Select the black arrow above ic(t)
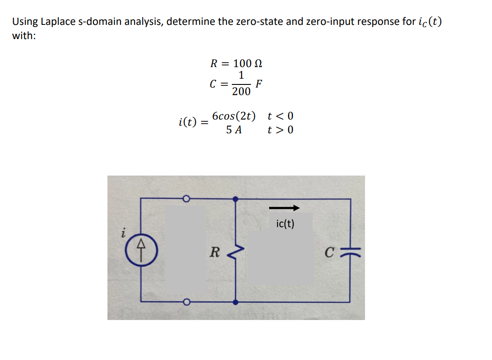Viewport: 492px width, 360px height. (284, 208)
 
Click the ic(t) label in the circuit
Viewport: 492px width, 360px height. (285, 224)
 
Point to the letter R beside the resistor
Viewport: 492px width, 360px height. (214, 252)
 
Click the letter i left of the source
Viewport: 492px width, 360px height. (125, 232)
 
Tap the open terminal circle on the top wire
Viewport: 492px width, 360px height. (187, 199)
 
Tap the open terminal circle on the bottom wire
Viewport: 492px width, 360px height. (187, 303)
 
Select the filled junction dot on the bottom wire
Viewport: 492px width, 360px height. (235, 302)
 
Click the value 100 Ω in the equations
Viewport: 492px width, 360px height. (248, 63)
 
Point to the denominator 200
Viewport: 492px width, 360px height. (241, 92)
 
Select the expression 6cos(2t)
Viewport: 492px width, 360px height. (234, 116)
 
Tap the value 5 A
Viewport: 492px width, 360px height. (234, 130)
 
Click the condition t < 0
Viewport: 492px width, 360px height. (280, 116)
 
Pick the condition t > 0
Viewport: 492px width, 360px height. (280, 130)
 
